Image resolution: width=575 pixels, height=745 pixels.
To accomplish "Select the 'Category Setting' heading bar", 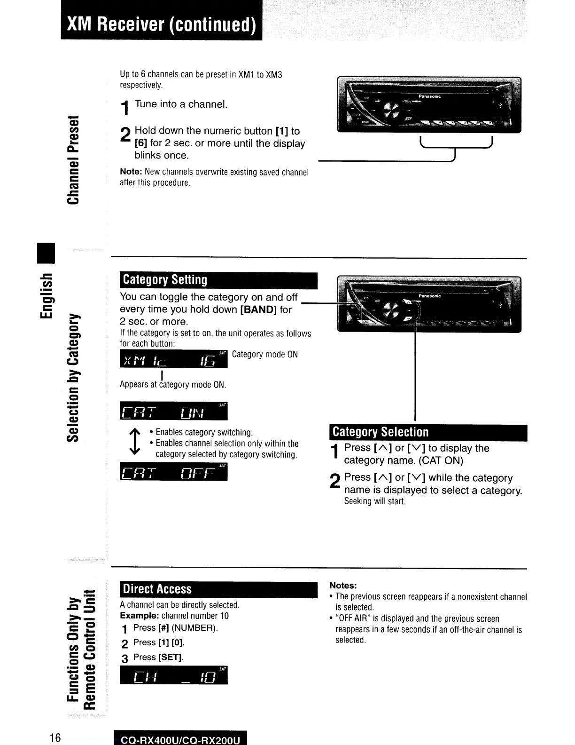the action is [218, 280].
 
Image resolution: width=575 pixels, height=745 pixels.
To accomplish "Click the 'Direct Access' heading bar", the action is [218, 589].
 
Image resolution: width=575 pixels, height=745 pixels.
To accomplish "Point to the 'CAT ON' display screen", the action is [173, 412].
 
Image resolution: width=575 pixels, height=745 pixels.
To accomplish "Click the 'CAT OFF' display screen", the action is [173, 472].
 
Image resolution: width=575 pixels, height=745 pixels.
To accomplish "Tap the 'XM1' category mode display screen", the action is [173, 359].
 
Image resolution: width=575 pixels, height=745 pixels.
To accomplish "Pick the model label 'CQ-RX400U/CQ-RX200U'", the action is [180, 740].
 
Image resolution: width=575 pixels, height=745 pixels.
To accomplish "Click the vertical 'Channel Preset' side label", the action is [73, 160].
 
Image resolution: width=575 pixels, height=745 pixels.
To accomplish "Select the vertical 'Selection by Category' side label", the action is [73, 376].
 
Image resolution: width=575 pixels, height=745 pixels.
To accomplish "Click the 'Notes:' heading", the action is [343, 586].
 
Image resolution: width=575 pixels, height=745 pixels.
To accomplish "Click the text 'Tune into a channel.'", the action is [181, 104].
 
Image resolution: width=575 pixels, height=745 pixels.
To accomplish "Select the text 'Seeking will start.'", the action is [374, 501].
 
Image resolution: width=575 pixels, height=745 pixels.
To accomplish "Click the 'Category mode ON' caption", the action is [264, 355].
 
